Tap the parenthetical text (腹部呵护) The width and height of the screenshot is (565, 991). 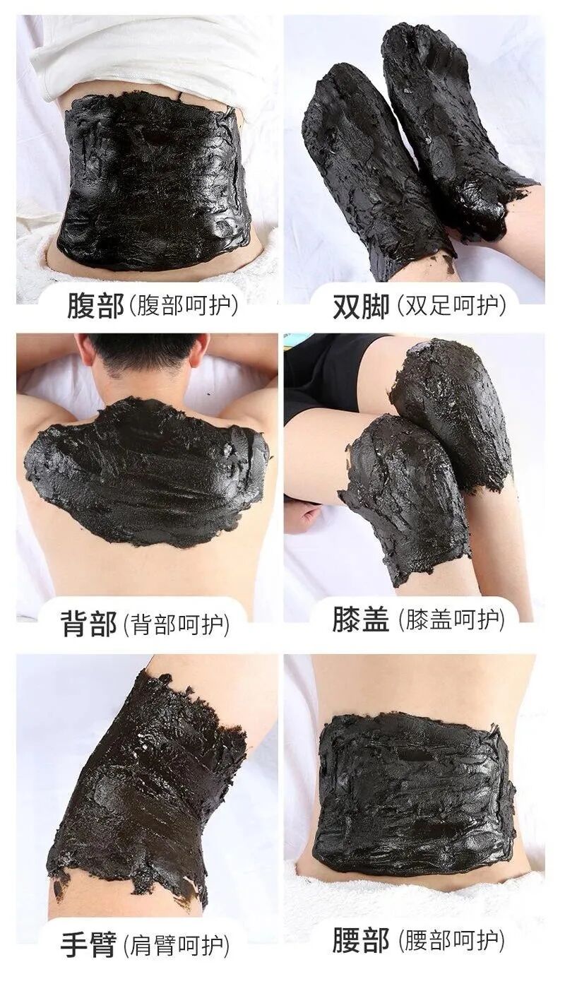[x=183, y=307]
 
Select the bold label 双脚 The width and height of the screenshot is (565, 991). [x=361, y=307]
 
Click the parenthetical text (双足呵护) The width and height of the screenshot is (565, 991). [x=451, y=306]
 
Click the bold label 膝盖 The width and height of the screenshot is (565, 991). [x=361, y=619]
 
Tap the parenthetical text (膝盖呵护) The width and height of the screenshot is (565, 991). [x=451, y=619]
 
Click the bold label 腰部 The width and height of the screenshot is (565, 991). [x=361, y=940]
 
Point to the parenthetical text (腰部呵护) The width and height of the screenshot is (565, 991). [x=451, y=940]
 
